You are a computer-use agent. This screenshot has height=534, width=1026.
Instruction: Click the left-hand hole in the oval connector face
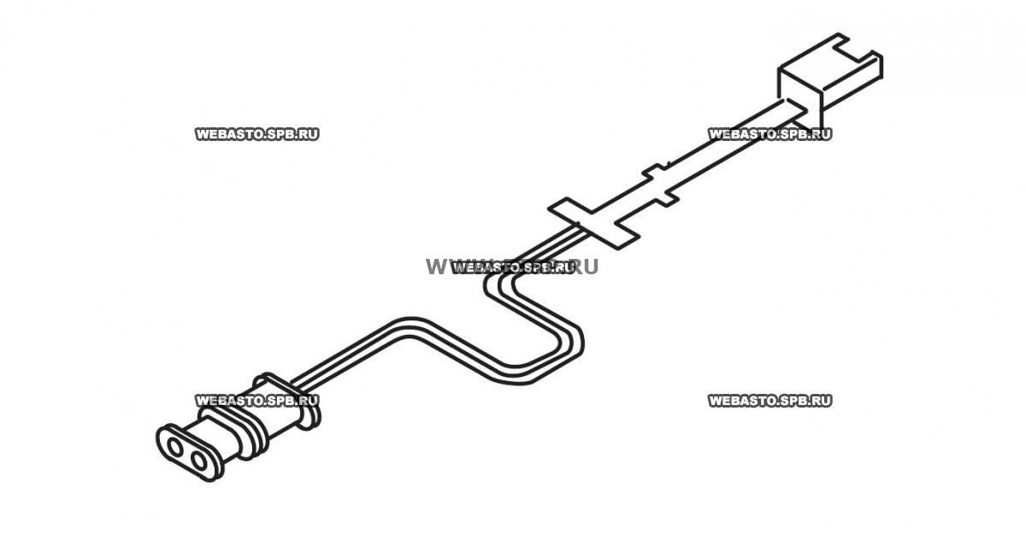[x=174, y=447]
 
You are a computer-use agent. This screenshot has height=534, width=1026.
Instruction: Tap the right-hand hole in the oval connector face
[x=201, y=461]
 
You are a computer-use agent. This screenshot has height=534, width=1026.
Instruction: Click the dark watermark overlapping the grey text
[x=511, y=267]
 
